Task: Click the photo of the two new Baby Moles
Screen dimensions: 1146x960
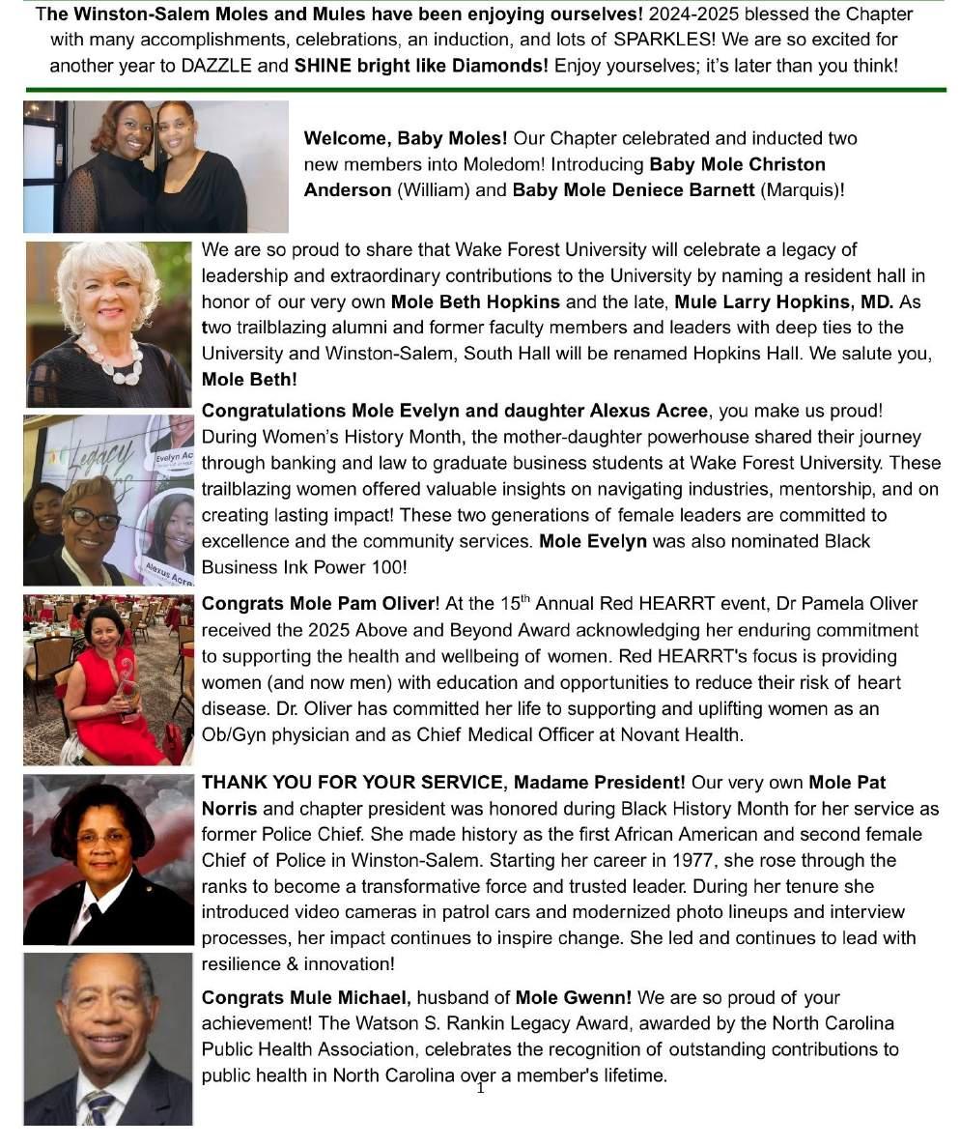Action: (155, 166)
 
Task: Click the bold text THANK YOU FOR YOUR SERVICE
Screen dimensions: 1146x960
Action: (353, 782)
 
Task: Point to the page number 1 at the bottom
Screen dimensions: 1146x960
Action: (480, 1088)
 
